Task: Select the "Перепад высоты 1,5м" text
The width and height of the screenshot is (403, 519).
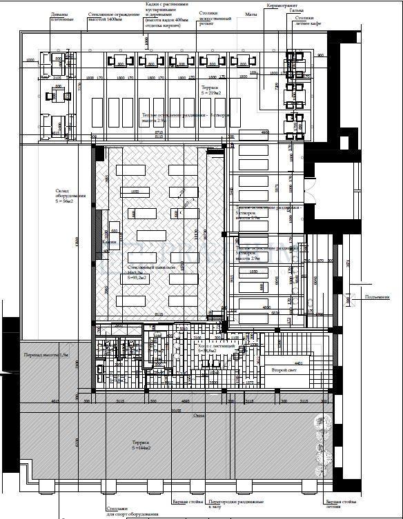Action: tap(47, 354)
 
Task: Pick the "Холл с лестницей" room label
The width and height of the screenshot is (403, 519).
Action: tap(218, 348)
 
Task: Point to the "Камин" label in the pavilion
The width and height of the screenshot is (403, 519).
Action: tap(110, 243)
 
